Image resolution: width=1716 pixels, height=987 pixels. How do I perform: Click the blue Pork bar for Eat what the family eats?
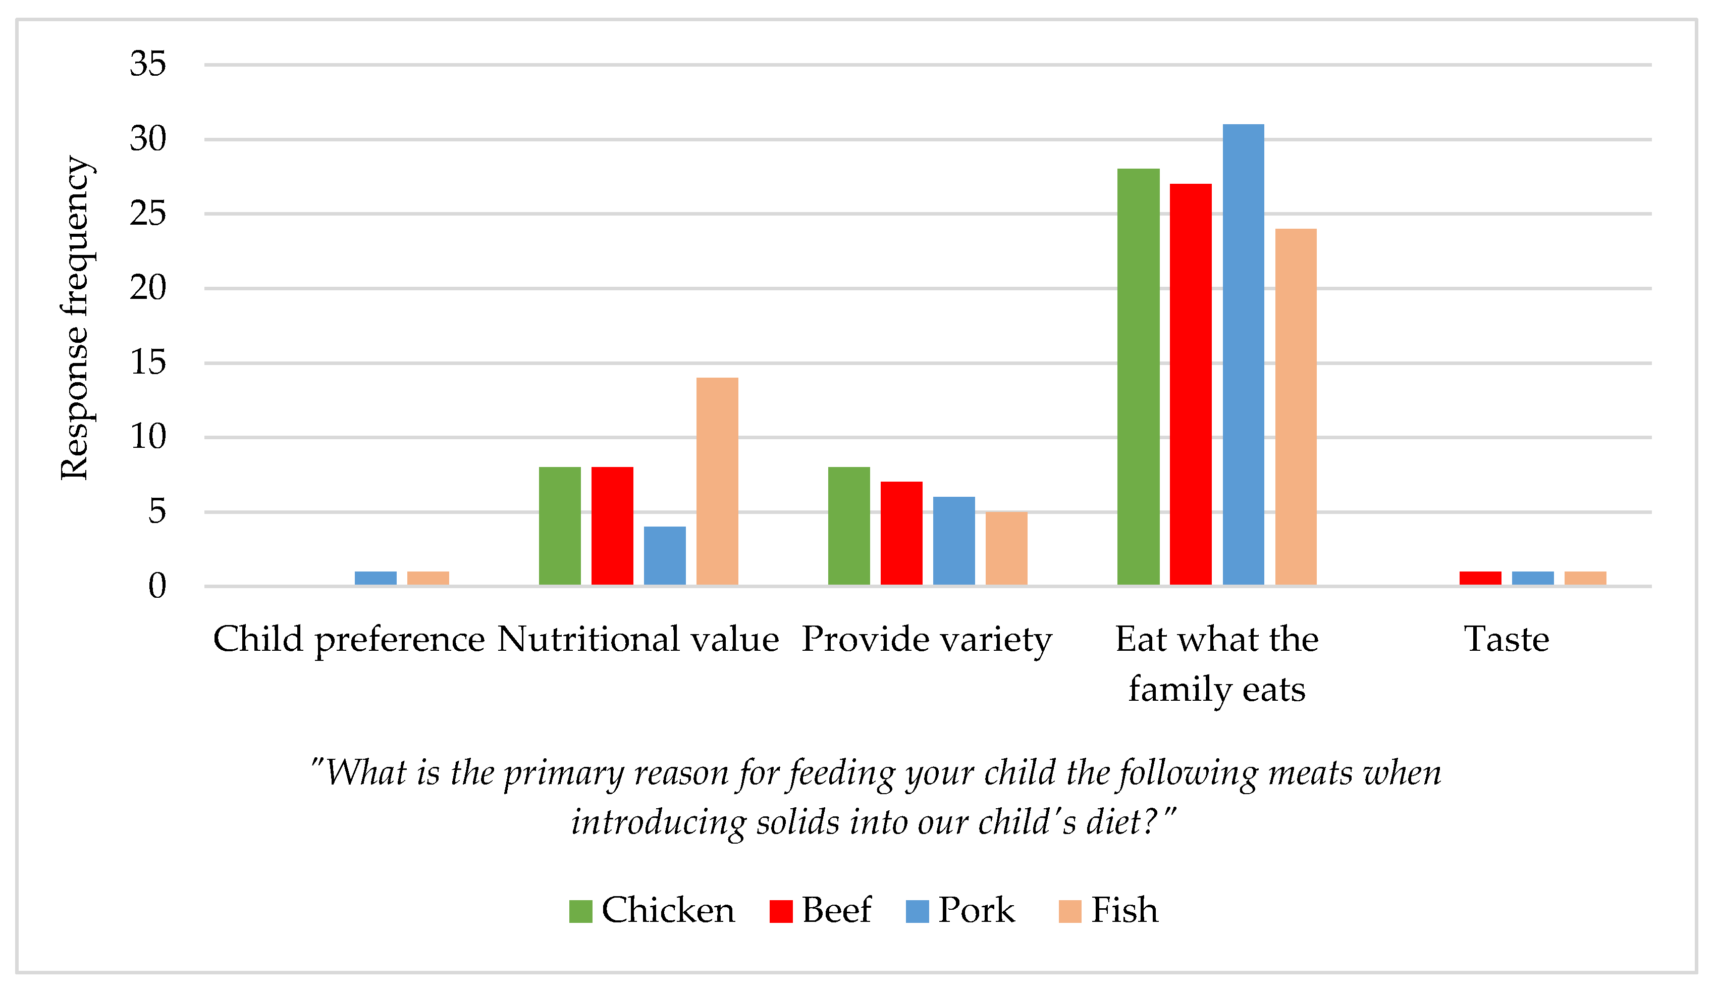click(x=1243, y=354)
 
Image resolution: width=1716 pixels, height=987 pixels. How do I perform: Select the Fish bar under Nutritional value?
click(x=717, y=481)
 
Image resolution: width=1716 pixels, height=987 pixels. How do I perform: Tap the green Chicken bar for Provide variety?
click(x=848, y=526)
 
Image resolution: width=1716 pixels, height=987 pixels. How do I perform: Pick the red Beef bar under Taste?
click(x=1480, y=578)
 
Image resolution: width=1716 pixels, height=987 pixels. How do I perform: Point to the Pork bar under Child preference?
click(x=376, y=578)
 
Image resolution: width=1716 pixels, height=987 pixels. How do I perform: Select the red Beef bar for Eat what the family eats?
click(x=1190, y=384)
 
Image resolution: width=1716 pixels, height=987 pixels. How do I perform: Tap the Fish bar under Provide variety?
click(x=1006, y=548)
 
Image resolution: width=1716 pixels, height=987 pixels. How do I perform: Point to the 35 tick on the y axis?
click(x=148, y=65)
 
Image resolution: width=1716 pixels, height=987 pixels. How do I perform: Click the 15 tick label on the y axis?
click(x=148, y=362)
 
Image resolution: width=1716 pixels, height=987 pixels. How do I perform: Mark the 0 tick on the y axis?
click(x=156, y=586)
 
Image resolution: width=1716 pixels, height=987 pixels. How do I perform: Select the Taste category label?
click(x=1507, y=639)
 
